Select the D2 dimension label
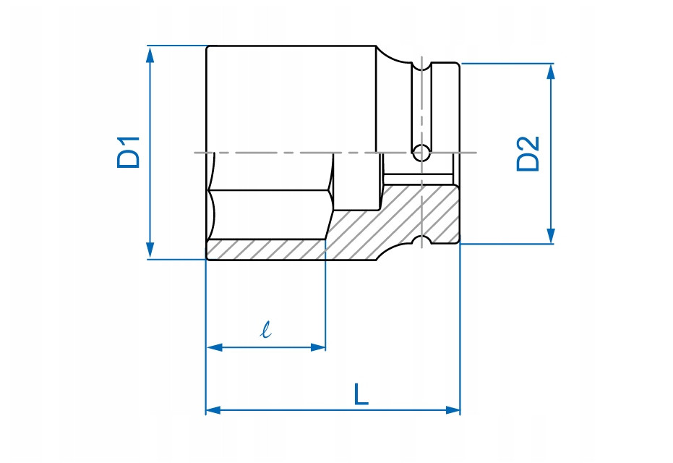coord(528,153)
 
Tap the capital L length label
coord(361,394)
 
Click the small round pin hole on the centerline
coord(420,153)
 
